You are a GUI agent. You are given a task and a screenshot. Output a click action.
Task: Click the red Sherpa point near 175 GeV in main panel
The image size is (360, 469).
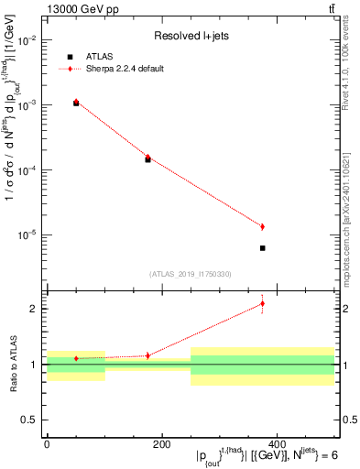(x=147, y=157)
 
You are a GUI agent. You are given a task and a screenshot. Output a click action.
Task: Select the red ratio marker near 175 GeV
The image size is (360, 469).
(x=147, y=355)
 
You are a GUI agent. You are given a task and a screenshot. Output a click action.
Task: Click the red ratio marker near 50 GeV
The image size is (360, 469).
(x=76, y=358)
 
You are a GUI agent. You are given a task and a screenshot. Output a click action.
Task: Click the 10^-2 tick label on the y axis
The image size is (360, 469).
(x=28, y=40)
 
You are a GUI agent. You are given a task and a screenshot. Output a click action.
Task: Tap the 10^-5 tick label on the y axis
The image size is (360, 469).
(x=28, y=235)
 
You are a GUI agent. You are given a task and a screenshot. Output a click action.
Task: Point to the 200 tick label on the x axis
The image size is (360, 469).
(x=161, y=443)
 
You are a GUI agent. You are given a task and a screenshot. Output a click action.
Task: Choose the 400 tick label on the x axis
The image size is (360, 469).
(x=277, y=443)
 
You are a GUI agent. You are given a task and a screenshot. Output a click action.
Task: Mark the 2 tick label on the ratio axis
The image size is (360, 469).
(x=36, y=309)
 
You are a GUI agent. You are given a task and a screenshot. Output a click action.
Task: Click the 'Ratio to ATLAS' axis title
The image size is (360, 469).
(x=13, y=363)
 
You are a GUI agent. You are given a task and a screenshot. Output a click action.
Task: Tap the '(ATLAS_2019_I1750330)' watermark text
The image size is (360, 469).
(x=191, y=273)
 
